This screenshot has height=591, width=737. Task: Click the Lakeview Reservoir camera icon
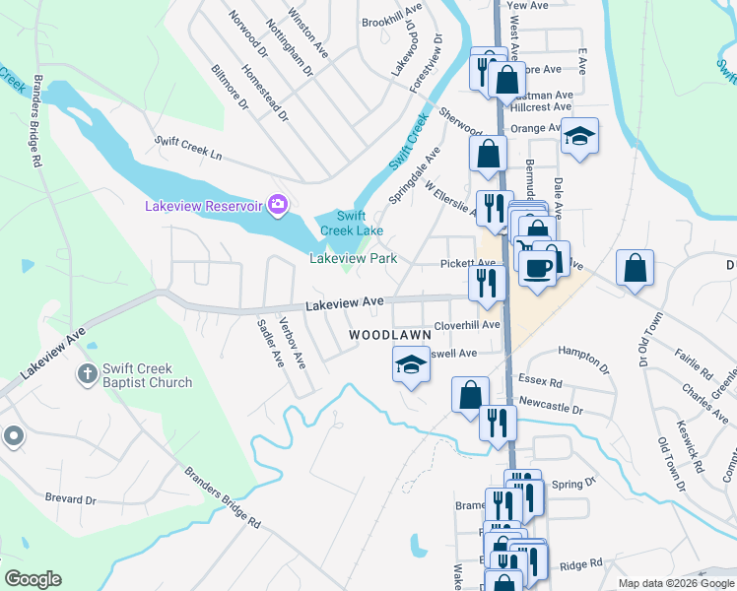point(278,205)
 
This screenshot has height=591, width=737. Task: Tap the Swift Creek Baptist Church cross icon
point(87,374)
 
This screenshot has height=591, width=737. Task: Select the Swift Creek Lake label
point(352,224)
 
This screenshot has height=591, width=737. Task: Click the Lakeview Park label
point(353,258)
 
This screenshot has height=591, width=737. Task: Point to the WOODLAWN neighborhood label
point(390,335)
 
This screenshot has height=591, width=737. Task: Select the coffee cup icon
point(537,267)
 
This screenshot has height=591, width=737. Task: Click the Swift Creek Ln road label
point(189,149)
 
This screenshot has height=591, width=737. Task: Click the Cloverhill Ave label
point(468,324)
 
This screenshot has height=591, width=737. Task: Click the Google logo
point(33,579)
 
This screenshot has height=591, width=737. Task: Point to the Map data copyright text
point(676,583)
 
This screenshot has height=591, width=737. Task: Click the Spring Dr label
point(574,484)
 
